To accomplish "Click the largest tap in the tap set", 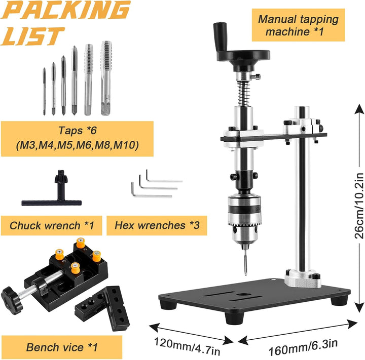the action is [x=106, y=78].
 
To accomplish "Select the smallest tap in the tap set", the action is [x=44, y=92].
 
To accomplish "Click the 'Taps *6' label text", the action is [x=77, y=130].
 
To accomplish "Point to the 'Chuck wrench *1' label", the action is [x=52, y=226].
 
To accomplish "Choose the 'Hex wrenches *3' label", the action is [x=157, y=225].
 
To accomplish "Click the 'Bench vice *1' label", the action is [x=62, y=347].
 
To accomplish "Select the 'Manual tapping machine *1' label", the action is [x=298, y=25].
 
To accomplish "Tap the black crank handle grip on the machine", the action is [x=220, y=36].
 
